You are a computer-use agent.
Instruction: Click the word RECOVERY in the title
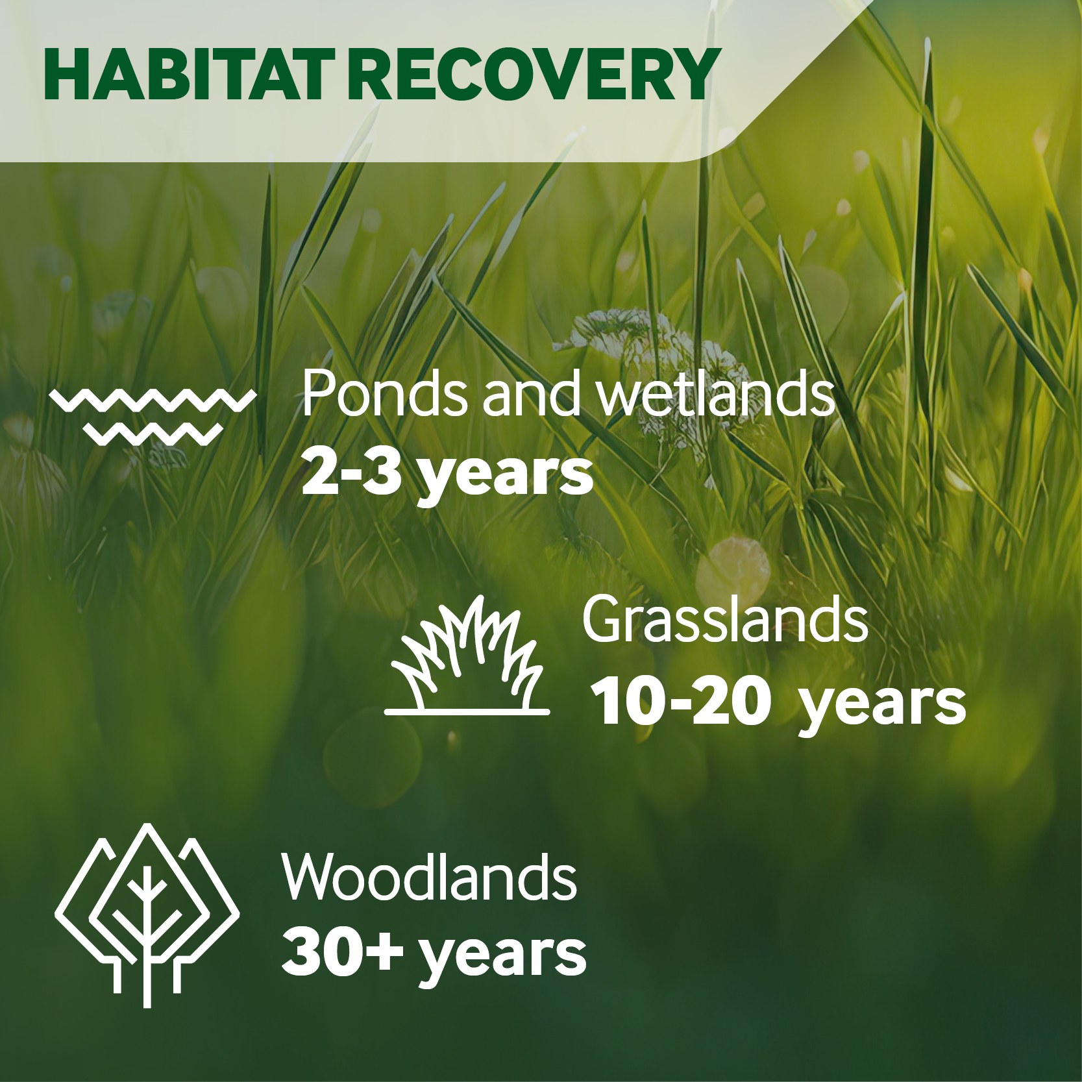[534, 75]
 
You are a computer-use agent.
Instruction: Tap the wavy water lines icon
[152, 415]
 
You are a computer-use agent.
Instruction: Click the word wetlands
[715, 393]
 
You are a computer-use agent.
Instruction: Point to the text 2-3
[351, 472]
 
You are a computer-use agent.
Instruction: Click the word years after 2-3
[505, 477]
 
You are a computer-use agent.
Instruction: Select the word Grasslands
[724, 620]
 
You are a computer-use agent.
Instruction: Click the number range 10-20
[680, 702]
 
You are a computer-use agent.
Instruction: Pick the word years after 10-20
[881, 706]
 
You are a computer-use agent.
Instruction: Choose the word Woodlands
[429, 878]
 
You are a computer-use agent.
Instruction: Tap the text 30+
[342, 952]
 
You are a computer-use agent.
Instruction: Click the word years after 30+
[502, 957]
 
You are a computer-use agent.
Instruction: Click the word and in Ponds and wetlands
[531, 393]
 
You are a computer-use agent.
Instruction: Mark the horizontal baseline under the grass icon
[467, 711]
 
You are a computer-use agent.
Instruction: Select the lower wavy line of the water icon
[153, 434]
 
